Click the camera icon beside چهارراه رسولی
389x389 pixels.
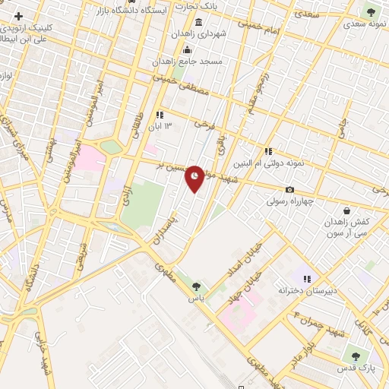(289, 189)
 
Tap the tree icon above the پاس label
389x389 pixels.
(197, 286)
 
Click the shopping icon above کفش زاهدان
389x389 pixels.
(346, 210)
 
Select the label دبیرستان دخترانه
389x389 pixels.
(307, 290)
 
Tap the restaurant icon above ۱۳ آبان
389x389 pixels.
(160, 115)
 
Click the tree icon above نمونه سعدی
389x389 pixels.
(371, 11)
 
